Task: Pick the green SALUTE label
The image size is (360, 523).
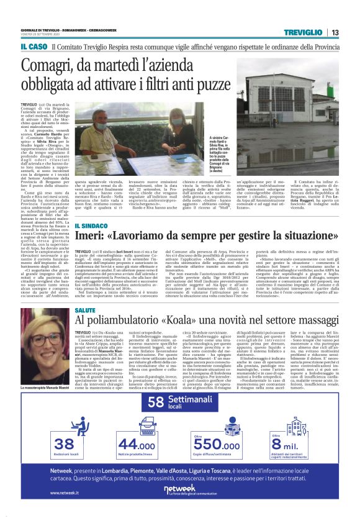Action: tap(85, 309)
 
